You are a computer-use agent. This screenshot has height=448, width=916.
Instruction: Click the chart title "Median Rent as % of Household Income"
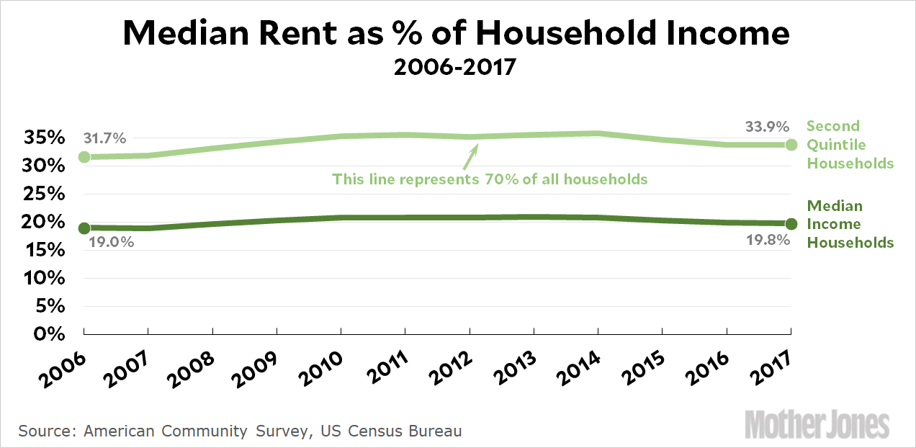click(457, 34)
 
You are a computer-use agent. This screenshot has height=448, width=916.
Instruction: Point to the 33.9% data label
click(766, 127)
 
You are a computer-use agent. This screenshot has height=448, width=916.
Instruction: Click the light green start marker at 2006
click(84, 156)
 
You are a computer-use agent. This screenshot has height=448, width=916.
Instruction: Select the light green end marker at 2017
click(791, 145)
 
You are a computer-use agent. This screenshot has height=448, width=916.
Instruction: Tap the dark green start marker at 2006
click(84, 228)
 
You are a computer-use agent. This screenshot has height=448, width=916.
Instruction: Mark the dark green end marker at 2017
click(791, 224)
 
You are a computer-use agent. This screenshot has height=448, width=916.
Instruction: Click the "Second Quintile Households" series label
click(850, 145)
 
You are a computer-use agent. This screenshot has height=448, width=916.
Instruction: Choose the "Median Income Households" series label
click(850, 224)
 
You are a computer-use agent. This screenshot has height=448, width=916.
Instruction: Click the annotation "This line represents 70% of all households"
click(490, 179)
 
